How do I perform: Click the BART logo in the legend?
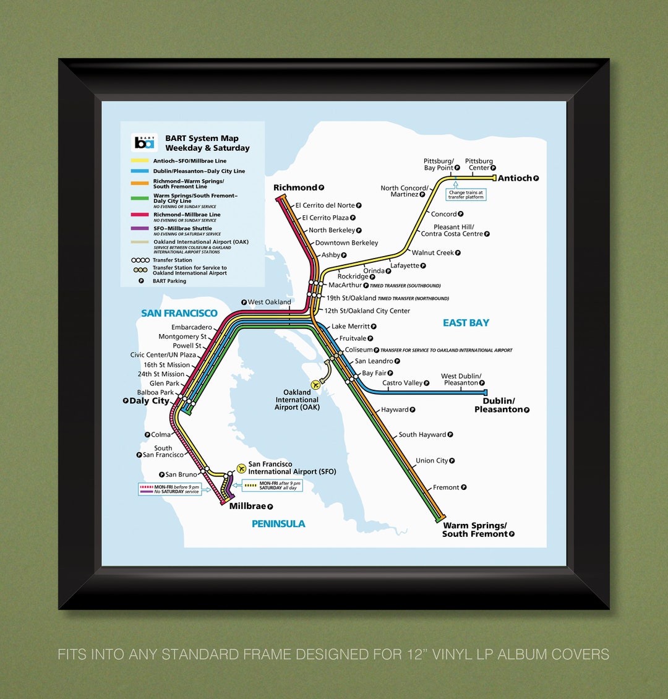(x=144, y=142)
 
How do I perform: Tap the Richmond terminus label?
(x=296, y=187)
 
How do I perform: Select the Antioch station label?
(x=515, y=178)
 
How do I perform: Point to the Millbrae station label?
(x=247, y=506)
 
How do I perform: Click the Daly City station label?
(x=149, y=401)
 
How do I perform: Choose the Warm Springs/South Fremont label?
(x=474, y=530)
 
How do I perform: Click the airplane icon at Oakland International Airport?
(x=317, y=384)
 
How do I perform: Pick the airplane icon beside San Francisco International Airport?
(x=241, y=468)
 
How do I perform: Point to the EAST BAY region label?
(x=466, y=323)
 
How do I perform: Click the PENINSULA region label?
(x=278, y=524)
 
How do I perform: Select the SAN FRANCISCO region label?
(x=179, y=313)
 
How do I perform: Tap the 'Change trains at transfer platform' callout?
(x=466, y=194)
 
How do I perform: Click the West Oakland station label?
(x=269, y=302)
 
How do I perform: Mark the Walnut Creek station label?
(x=433, y=252)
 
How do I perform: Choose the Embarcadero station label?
(x=192, y=327)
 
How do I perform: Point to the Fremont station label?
(x=446, y=487)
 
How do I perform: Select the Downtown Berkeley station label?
(x=346, y=243)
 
